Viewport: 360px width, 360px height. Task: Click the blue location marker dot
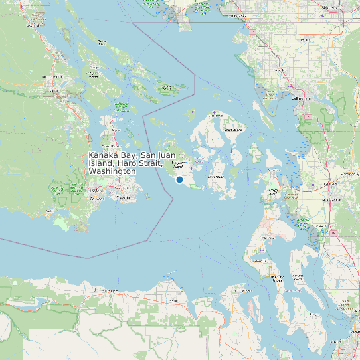click(179, 180)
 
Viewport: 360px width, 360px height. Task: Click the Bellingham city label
click(300, 98)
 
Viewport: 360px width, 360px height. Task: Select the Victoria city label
click(122, 198)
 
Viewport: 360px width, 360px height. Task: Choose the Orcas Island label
click(233, 129)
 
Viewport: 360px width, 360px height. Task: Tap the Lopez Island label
click(217, 177)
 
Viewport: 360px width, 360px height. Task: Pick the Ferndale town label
click(278, 68)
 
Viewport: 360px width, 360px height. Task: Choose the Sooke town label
click(50, 213)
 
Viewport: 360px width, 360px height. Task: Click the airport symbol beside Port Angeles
click(96, 290)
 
